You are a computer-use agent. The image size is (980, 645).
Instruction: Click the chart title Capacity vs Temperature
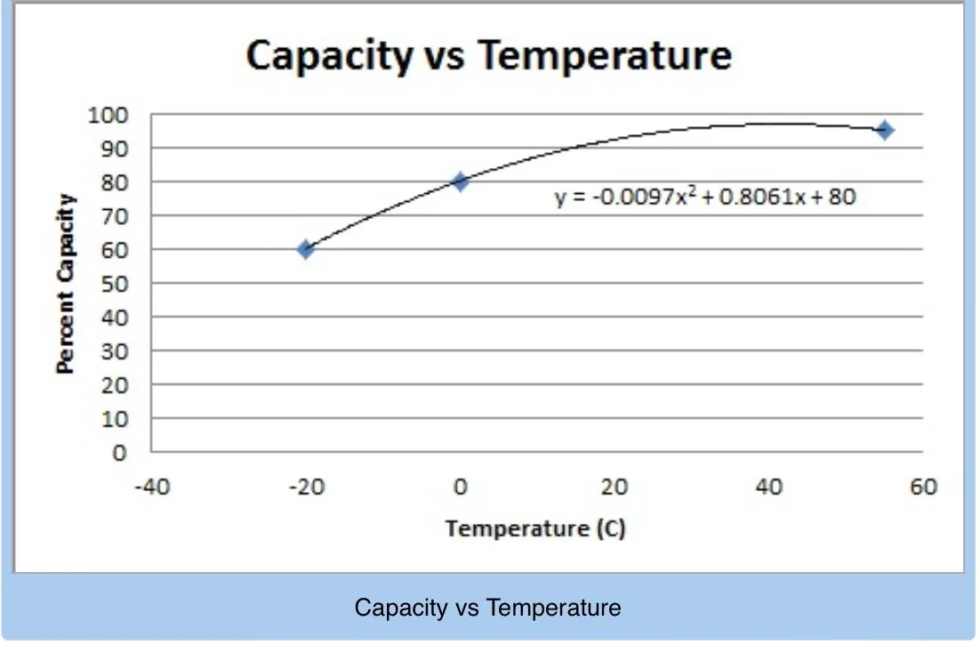click(x=488, y=55)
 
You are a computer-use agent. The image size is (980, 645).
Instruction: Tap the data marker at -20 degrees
click(x=305, y=249)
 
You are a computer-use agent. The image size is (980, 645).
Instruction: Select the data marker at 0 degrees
click(x=460, y=181)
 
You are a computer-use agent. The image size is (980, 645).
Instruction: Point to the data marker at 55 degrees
click(x=884, y=131)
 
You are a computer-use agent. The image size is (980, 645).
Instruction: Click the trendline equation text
click(x=705, y=197)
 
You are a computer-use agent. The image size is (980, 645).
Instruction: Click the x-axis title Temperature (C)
click(x=535, y=529)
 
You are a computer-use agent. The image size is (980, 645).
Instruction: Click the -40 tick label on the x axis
click(x=151, y=488)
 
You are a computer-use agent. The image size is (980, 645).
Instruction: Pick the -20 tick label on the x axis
click(x=305, y=488)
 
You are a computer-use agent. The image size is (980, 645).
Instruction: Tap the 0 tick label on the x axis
click(x=460, y=488)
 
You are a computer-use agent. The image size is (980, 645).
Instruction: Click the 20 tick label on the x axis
click(x=615, y=488)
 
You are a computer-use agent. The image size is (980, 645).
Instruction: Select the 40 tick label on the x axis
click(x=769, y=488)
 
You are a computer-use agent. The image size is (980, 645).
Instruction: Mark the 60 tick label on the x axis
click(x=923, y=488)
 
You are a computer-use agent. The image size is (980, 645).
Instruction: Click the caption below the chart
click(x=488, y=609)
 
